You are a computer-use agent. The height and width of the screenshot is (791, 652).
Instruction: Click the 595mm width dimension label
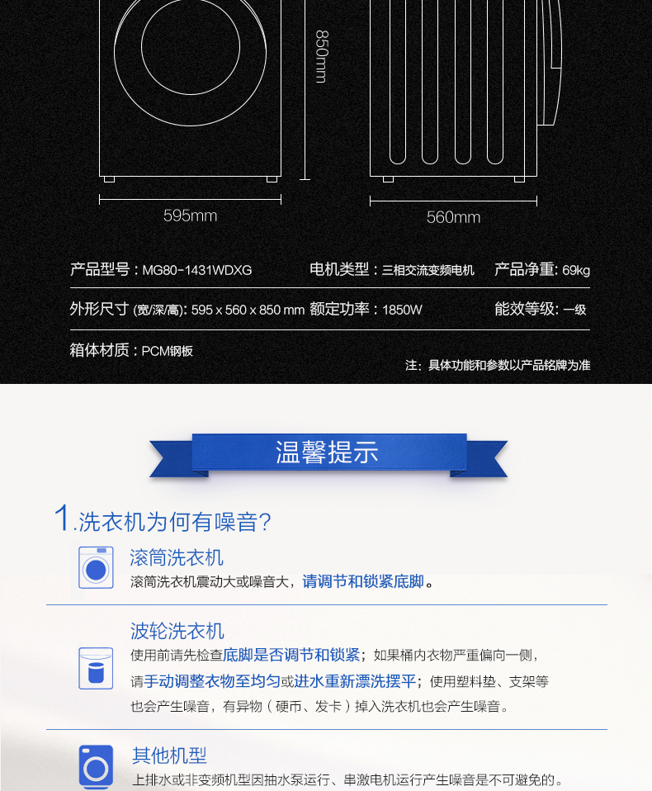coord(190,216)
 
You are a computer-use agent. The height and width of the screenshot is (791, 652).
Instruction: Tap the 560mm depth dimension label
coord(453,217)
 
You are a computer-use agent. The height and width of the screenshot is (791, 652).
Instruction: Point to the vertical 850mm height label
coord(322,56)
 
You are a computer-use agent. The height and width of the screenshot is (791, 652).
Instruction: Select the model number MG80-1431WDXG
coord(197,270)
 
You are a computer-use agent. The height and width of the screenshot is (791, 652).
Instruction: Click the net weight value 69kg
coord(576,271)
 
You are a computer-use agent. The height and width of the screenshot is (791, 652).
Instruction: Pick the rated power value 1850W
coord(402,310)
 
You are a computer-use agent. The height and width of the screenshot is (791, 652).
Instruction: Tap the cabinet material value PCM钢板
coord(167,351)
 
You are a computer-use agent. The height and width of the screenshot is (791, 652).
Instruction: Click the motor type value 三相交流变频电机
coord(428,270)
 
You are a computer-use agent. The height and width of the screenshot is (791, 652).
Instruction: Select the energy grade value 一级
coord(574,310)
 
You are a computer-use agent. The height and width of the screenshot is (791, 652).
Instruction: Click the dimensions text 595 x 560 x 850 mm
coord(248,310)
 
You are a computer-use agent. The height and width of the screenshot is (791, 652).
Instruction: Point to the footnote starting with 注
coord(498,365)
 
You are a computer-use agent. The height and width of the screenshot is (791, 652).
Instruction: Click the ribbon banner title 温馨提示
coord(327,452)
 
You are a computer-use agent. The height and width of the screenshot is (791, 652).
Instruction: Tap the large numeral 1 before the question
coord(62,517)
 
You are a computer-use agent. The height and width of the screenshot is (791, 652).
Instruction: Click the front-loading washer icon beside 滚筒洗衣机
coord(96,567)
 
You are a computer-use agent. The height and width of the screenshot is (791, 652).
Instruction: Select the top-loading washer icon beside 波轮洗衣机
coord(96,669)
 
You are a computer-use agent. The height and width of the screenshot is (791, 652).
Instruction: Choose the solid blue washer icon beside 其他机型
coord(96,766)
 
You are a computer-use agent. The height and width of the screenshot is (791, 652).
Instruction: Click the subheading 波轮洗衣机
coord(177,631)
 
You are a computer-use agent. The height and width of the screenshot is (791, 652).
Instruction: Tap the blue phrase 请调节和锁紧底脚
coord(363,581)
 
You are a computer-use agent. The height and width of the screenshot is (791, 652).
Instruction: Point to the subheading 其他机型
coord(169,755)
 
